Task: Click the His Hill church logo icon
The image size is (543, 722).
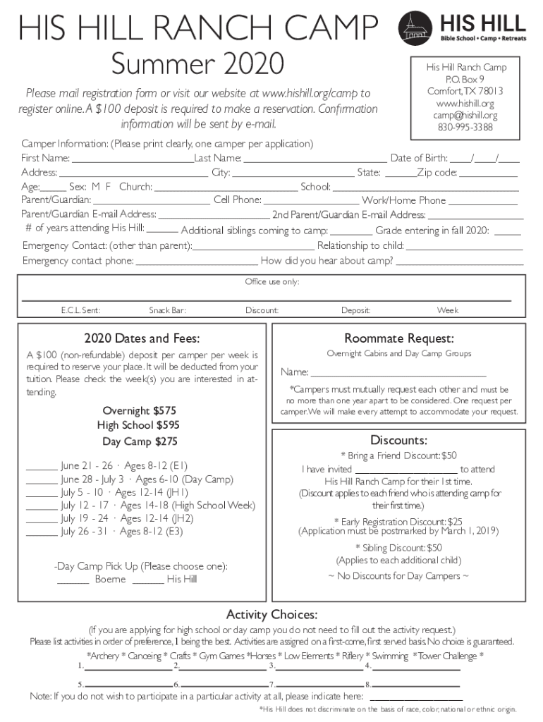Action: [415, 27]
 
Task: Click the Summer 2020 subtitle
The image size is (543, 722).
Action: [197, 63]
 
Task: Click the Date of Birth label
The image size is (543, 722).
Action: [419, 157]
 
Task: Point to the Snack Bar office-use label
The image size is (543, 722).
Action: [167, 310]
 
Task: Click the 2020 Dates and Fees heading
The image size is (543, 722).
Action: [142, 338]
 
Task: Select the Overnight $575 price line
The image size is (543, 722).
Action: [140, 410]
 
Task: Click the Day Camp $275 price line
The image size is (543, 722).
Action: [140, 441]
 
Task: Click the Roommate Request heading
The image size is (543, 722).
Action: [398, 338]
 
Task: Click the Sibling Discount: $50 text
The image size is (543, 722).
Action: [398, 547]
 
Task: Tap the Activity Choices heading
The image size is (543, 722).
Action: [271, 612]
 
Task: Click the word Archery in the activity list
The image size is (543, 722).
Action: [106, 656]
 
